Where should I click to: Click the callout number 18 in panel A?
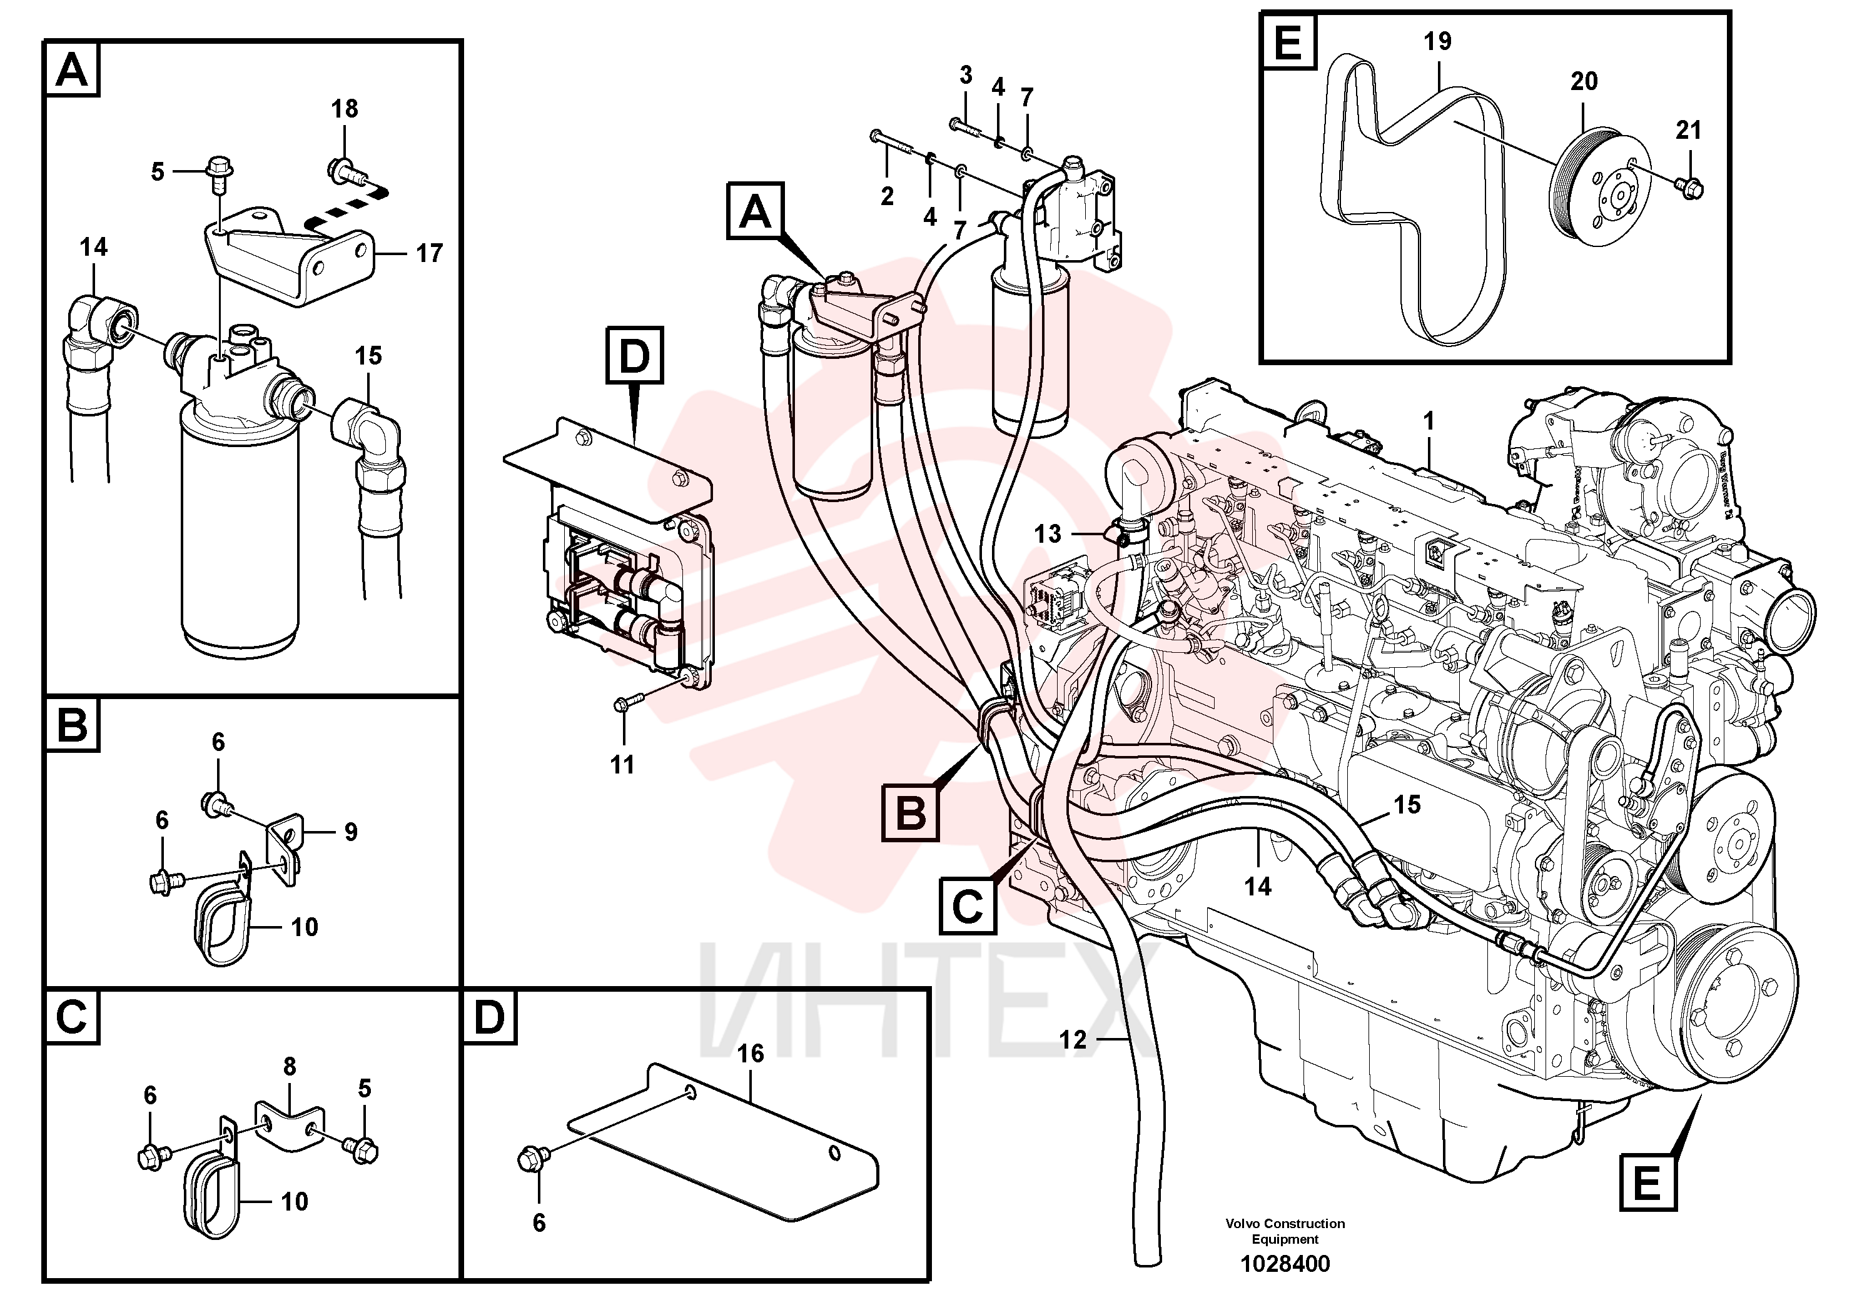click(345, 109)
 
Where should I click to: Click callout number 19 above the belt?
click(1438, 41)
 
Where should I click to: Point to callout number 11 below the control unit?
click(622, 765)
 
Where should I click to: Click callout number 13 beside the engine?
click(1048, 533)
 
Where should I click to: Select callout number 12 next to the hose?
click(1073, 1039)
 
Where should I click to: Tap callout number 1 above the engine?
click(1429, 421)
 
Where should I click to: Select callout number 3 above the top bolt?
click(966, 76)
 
